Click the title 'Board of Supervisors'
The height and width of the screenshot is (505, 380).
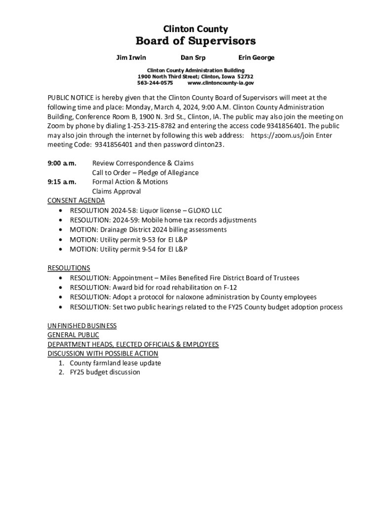[x=195, y=41]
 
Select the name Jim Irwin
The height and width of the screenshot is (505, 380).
[x=131, y=58]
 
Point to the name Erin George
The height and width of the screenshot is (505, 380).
[x=256, y=58]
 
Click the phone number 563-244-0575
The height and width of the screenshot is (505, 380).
[x=155, y=83]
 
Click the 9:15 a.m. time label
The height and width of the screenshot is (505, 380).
[x=62, y=182]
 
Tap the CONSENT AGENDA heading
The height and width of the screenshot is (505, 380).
[x=76, y=201]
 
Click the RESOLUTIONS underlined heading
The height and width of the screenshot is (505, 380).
[x=69, y=268]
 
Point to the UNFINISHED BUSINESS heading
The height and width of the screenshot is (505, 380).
[x=82, y=325]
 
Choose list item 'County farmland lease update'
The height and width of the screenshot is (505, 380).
[x=115, y=363]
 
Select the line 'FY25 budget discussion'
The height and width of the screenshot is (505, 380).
[x=105, y=372]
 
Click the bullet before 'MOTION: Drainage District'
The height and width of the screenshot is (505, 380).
[x=60, y=230]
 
